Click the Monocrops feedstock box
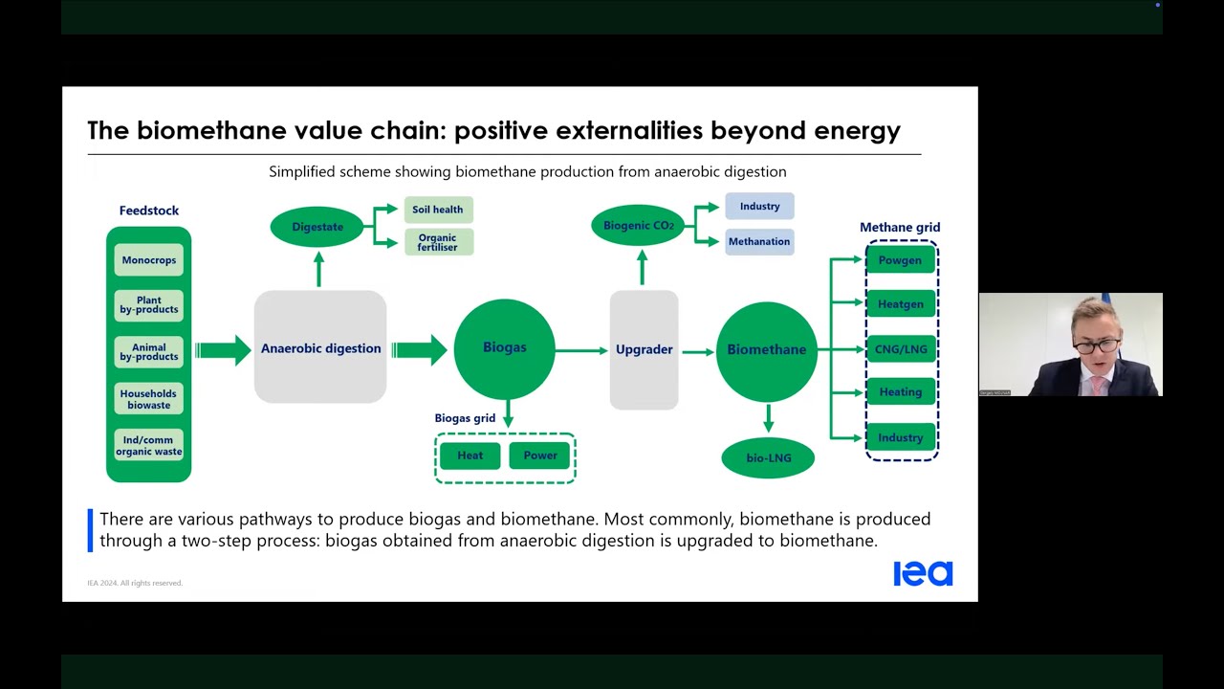point(148,260)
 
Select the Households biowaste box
point(148,399)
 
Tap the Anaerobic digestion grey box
point(320,348)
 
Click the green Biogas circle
point(504,348)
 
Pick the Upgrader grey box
point(644,349)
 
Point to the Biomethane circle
point(766,350)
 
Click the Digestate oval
point(317,227)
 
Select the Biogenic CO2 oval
point(638,226)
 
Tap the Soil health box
point(438,210)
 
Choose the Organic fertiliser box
point(438,242)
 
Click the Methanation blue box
point(759,241)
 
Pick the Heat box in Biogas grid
point(470,456)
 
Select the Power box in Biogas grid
point(539,456)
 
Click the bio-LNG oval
point(768,458)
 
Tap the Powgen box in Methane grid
point(900,260)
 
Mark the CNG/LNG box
point(900,349)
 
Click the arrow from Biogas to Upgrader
point(581,350)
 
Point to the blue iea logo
point(923,573)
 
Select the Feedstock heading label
point(148,211)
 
